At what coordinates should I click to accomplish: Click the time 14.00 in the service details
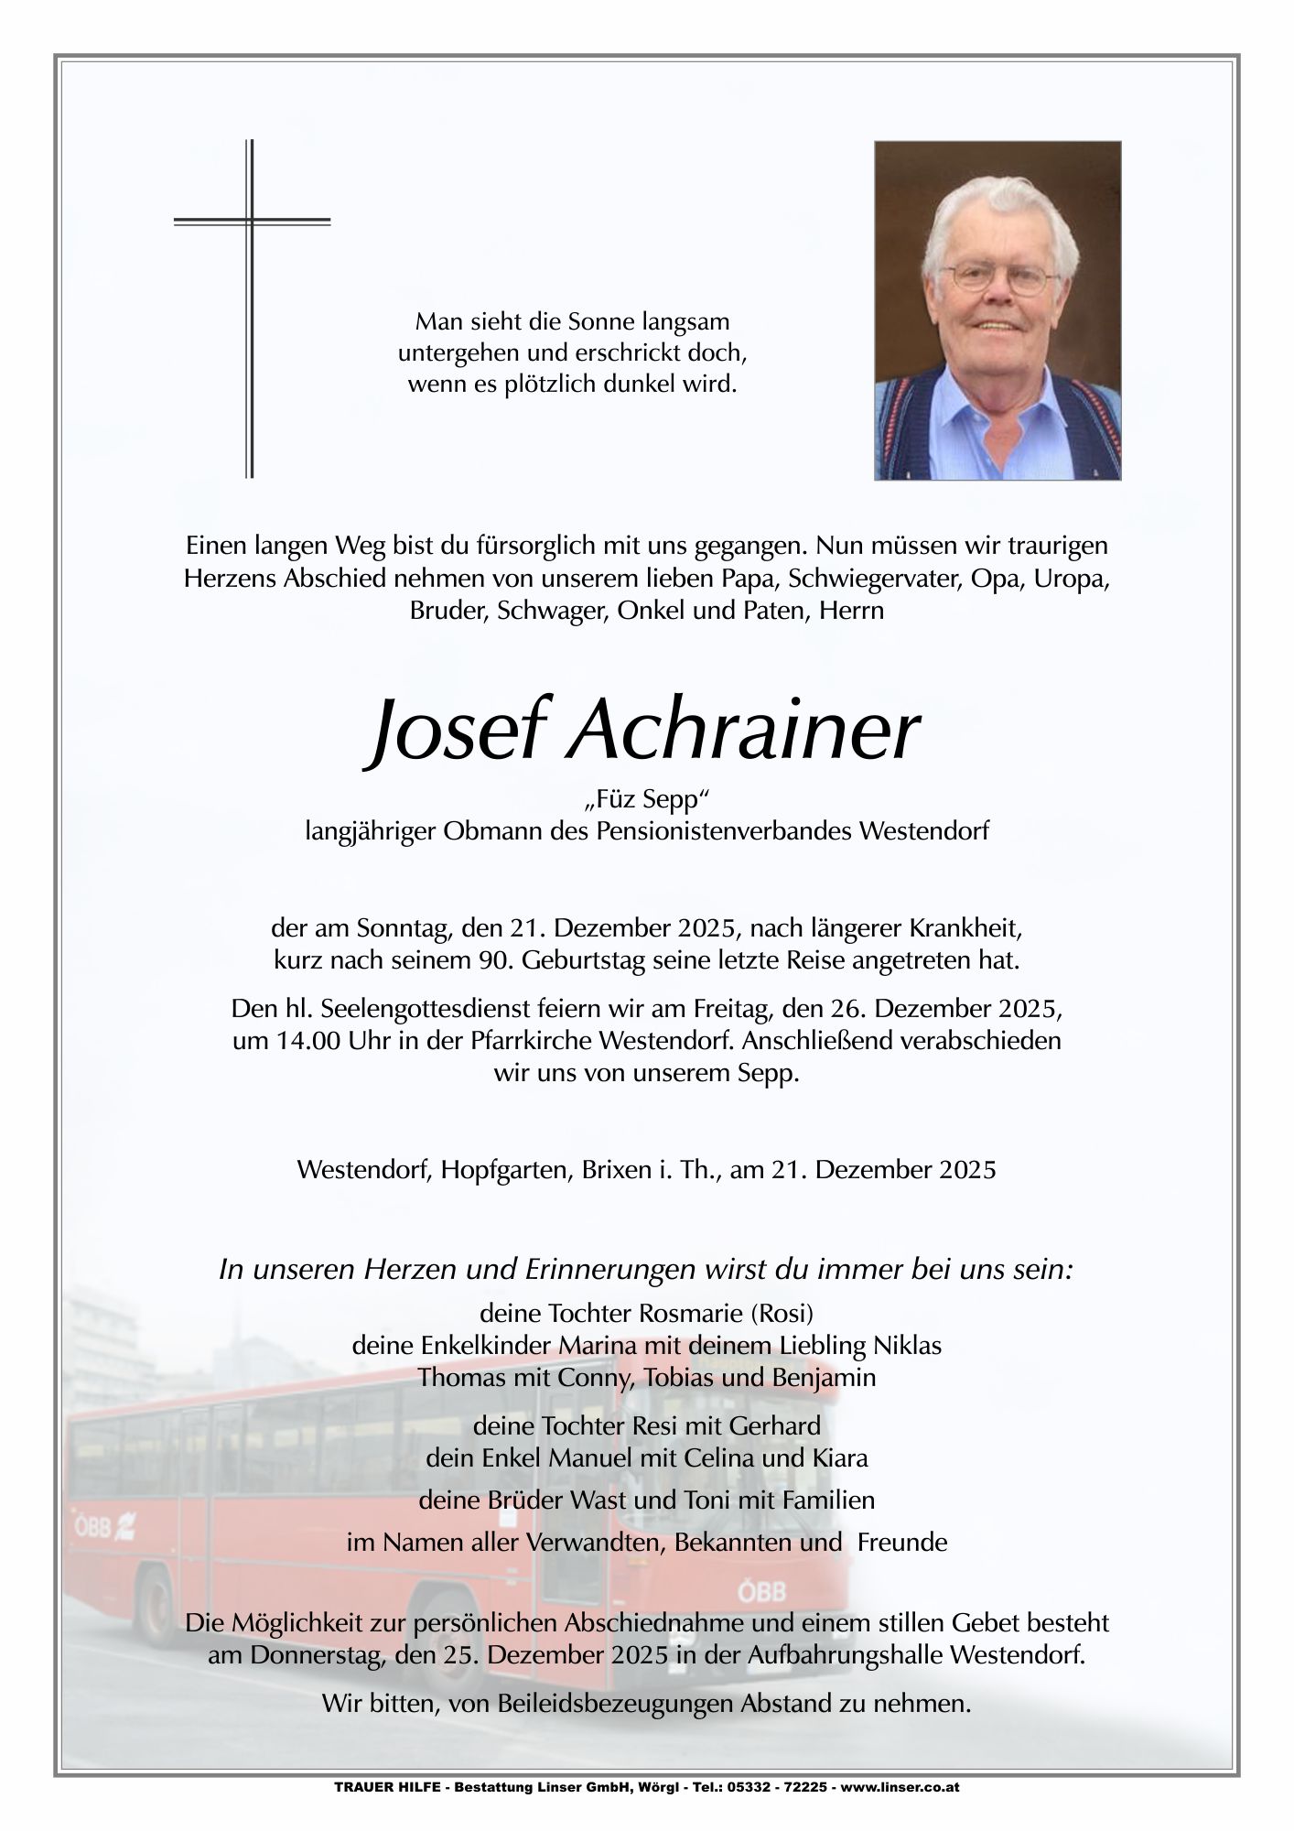point(295,1042)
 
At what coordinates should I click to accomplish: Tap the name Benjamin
point(825,1377)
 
